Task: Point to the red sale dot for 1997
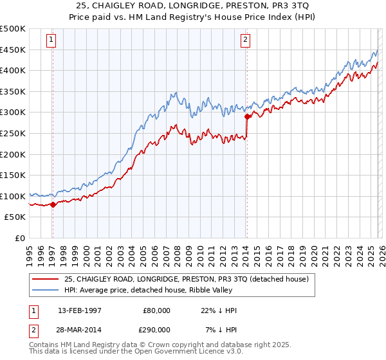coord(53,204)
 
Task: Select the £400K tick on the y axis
coord(14,71)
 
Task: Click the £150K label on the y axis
coord(14,175)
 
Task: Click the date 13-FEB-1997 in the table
coord(84,310)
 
